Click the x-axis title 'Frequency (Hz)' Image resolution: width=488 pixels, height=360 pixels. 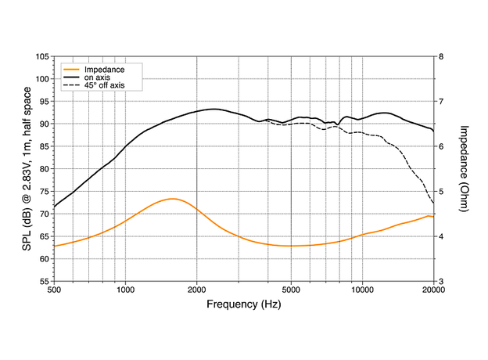[243, 303]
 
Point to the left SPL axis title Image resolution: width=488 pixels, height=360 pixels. [28, 168]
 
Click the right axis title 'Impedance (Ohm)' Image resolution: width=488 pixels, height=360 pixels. [464, 168]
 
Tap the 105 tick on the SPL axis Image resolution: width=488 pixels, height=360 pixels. [42, 57]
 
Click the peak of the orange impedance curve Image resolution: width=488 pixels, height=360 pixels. [173, 199]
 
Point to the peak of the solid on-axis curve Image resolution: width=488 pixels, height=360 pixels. [213, 109]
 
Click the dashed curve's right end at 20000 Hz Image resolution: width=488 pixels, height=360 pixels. [433, 203]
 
